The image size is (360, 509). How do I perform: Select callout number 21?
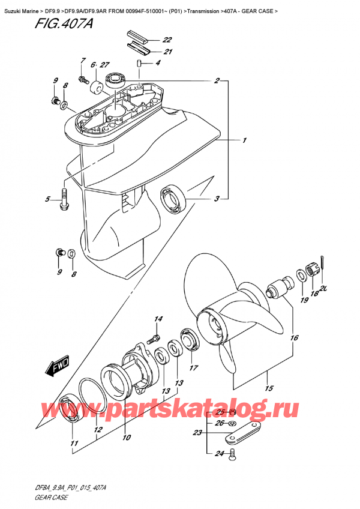(x=168, y=52)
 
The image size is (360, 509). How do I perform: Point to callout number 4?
(x=158, y=63)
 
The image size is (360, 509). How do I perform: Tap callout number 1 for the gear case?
(x=245, y=141)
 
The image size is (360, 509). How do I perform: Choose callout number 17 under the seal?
(x=194, y=368)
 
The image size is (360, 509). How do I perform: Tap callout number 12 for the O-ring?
(x=98, y=430)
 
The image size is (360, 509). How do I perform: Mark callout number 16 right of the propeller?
(x=294, y=338)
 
